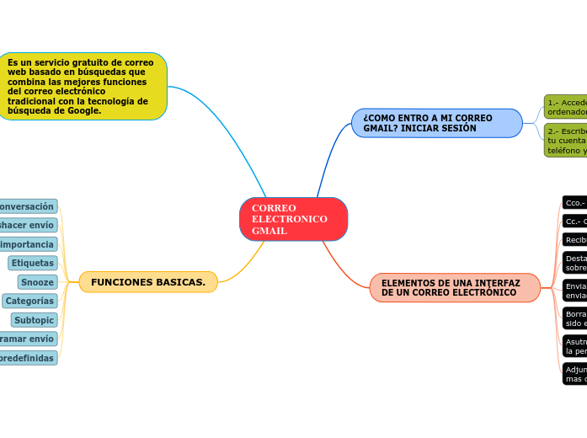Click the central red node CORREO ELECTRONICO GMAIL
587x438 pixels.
point(293,219)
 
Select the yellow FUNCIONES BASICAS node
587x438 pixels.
point(148,282)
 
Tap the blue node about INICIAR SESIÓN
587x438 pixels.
point(436,123)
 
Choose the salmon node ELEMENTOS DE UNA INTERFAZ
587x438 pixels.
point(454,287)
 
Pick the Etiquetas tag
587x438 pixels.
point(33,263)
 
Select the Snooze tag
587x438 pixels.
point(37,282)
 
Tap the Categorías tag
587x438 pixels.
point(29,301)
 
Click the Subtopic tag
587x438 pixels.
point(34,320)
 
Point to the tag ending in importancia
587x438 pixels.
point(28,244)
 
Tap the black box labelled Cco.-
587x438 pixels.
point(574,203)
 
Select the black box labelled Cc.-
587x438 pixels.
point(574,222)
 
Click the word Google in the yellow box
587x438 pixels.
point(82,111)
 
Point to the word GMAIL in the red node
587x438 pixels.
point(269,231)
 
